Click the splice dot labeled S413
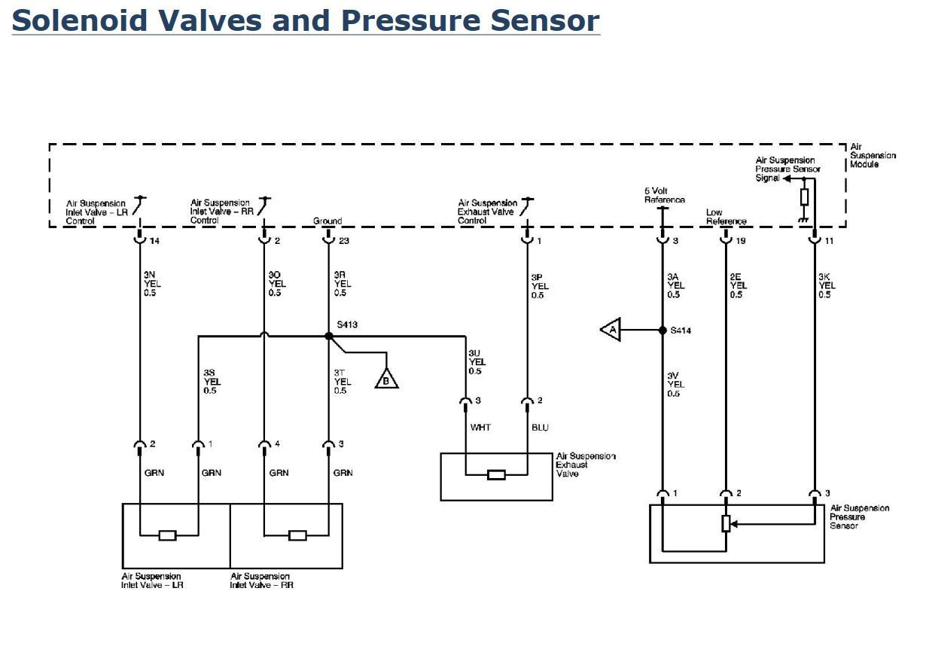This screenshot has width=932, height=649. click(328, 336)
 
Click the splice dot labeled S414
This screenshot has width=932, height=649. click(662, 331)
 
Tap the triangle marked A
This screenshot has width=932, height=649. click(611, 331)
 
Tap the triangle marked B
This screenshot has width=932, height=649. click(387, 379)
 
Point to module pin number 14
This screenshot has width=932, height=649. click(154, 241)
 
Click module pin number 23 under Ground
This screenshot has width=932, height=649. click(343, 241)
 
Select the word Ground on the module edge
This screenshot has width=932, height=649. click(327, 221)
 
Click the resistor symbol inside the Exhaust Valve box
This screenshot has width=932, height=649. click(496, 475)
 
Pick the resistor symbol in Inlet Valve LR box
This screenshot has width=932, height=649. click(168, 535)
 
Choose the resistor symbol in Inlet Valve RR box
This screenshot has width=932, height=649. click(297, 535)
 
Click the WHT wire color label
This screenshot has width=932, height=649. click(480, 428)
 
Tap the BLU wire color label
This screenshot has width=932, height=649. click(540, 428)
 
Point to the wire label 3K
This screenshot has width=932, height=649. click(825, 276)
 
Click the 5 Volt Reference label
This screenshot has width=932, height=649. click(664, 196)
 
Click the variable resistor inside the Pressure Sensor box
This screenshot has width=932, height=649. click(726, 523)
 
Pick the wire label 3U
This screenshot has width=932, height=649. click(475, 352)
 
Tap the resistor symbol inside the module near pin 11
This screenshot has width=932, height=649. click(804, 197)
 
